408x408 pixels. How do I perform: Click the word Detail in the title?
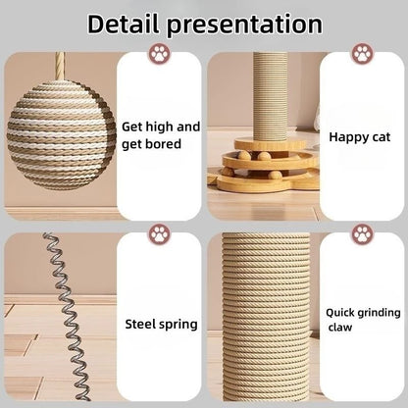133,24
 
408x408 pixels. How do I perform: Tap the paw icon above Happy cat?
363,54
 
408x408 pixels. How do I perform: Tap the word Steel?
144,322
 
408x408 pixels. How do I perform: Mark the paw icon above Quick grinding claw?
363,234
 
